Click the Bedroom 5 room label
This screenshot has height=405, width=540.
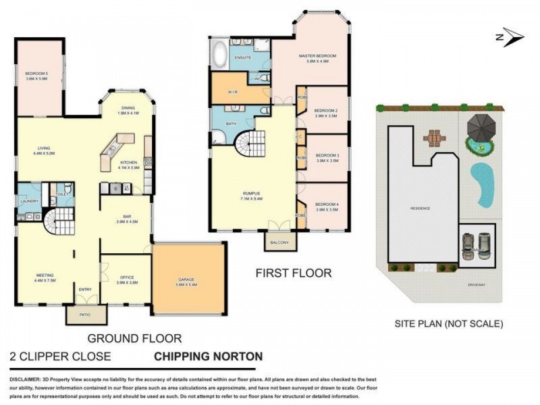pyautogui.click(x=36, y=76)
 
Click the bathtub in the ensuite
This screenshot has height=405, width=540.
pyautogui.click(x=219, y=53)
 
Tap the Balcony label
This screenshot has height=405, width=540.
pyautogui.click(x=279, y=242)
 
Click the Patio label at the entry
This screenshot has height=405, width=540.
pyautogui.click(x=86, y=314)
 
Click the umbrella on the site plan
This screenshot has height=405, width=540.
pyautogui.click(x=480, y=124)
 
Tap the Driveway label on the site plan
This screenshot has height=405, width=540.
pyautogui.click(x=476, y=284)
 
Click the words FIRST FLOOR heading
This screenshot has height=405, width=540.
pyautogui.click(x=293, y=273)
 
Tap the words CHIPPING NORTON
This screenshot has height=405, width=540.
pyautogui.click(x=209, y=356)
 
